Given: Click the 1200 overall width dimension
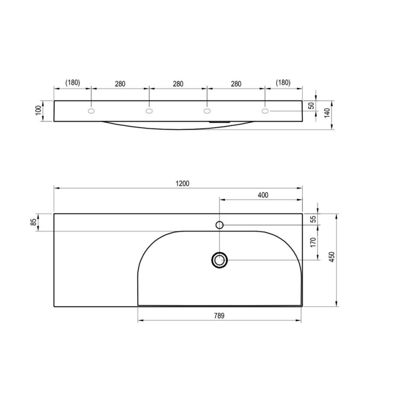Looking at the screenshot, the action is (182, 184).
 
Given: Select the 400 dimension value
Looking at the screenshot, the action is (263, 195).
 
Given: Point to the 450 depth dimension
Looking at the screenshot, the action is (332, 257).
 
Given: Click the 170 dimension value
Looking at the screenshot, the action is (313, 242).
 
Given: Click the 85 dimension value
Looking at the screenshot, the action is (34, 222).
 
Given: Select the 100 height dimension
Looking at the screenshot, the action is (38, 110).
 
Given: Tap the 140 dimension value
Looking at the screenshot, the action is (327, 113).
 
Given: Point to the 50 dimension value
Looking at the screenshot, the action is (312, 105).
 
